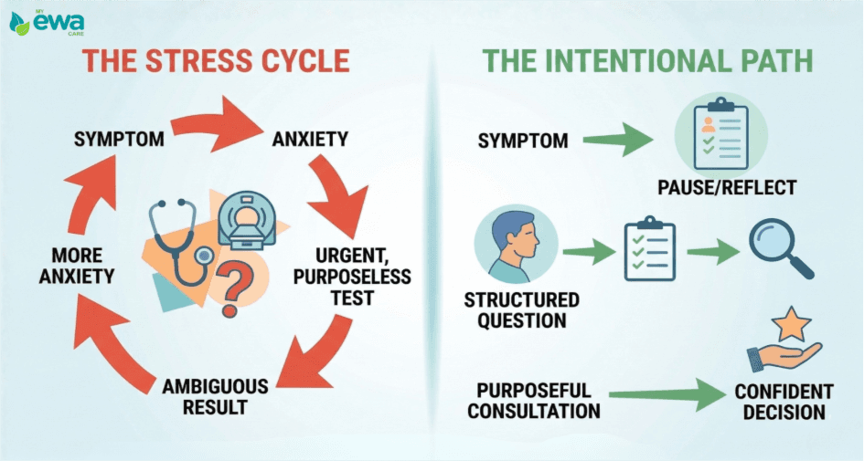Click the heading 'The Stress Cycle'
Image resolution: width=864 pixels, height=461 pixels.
click(216, 61)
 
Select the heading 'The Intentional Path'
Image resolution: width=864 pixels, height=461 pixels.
click(647, 61)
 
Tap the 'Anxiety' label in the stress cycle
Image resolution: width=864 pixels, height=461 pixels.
click(310, 140)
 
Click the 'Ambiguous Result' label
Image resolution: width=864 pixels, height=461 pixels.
click(215, 396)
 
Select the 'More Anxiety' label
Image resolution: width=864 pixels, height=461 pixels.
click(76, 265)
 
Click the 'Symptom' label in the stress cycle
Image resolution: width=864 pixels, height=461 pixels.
click(119, 140)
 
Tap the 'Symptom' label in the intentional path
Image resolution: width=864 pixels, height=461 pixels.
click(523, 141)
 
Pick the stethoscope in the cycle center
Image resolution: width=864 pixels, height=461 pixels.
click(178, 242)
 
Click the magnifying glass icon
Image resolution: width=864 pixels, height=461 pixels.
click(780, 248)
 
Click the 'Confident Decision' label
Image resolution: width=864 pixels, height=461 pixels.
click(784, 402)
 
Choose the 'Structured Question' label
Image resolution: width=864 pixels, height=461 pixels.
click(521, 310)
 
